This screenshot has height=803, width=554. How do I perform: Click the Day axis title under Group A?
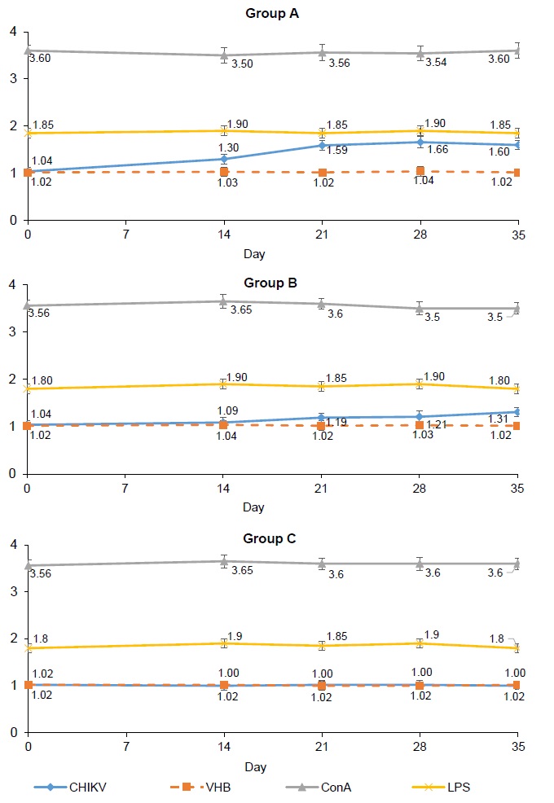[x=253, y=254]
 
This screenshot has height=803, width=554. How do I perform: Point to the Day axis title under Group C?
[x=253, y=766]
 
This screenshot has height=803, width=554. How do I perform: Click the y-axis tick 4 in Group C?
[x=11, y=543]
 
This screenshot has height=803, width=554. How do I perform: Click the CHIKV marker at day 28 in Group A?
[x=420, y=143]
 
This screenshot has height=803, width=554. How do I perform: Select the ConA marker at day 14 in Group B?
[x=224, y=301]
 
